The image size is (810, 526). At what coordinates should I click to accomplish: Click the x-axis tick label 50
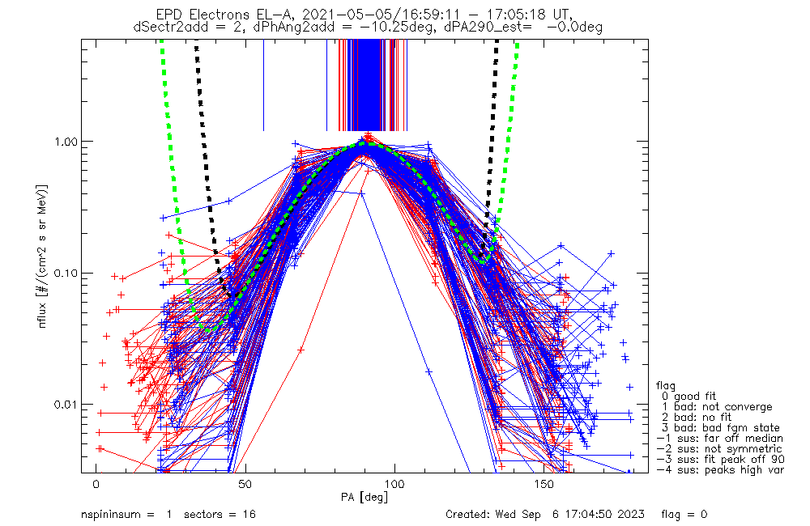click(x=245, y=484)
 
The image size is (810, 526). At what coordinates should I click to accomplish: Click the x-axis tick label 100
click(x=395, y=484)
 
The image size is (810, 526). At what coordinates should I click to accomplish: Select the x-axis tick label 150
click(x=544, y=484)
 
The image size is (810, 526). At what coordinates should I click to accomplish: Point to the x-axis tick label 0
click(x=96, y=484)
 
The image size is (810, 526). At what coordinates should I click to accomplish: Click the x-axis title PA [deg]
click(x=364, y=497)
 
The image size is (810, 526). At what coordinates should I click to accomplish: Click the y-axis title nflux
click(x=42, y=314)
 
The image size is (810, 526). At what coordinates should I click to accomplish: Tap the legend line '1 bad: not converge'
click(x=717, y=407)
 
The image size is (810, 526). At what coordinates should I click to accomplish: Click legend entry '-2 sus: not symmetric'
click(x=719, y=449)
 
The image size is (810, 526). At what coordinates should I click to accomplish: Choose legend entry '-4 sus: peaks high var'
click(x=720, y=469)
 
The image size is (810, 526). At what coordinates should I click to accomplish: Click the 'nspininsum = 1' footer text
click(x=126, y=515)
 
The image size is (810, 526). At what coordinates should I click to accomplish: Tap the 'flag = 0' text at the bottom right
click(x=684, y=515)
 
